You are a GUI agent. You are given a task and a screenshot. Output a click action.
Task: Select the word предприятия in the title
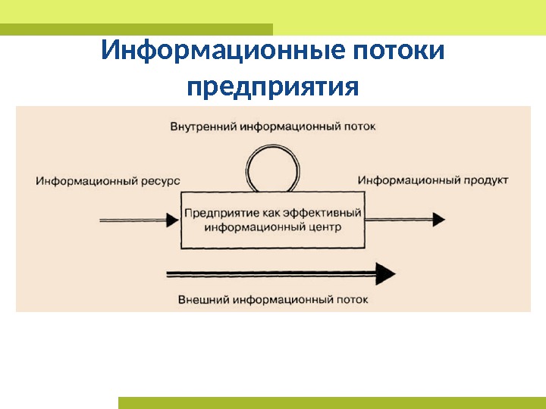click(x=272, y=86)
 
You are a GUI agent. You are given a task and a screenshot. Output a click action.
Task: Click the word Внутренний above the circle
click(x=202, y=126)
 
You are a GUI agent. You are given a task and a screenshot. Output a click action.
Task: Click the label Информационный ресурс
click(x=108, y=181)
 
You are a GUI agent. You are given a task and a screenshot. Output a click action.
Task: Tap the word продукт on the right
click(x=486, y=180)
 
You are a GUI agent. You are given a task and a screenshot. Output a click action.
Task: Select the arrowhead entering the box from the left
click(x=169, y=220)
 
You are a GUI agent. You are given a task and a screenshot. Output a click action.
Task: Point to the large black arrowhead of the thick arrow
click(x=385, y=273)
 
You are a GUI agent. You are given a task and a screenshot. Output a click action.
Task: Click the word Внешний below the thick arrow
click(x=203, y=299)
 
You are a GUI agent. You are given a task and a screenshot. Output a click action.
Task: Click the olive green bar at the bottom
click(x=331, y=402)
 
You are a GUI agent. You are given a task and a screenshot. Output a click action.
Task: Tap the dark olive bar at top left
click(x=136, y=29)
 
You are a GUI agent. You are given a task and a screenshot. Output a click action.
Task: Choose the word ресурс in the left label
click(x=161, y=181)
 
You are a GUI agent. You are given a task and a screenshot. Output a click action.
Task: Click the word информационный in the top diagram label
click(x=290, y=126)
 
